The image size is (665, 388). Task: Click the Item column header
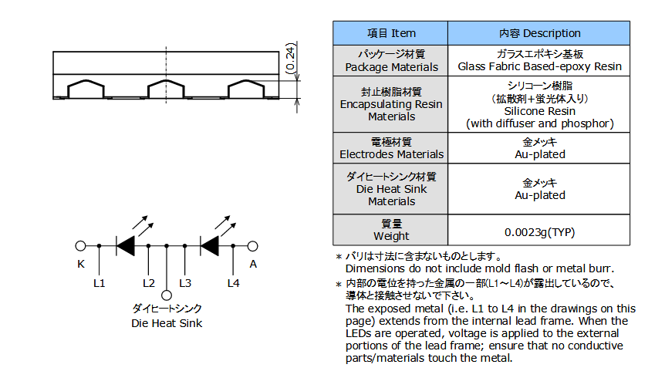390,33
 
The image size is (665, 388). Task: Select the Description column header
539,33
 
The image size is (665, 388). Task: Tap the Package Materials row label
390,61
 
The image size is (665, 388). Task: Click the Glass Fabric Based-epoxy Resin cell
539,61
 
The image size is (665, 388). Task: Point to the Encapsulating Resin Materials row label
390,104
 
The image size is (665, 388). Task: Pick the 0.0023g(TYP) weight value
539,232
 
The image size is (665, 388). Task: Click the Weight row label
390,230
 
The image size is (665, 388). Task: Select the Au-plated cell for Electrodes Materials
539,148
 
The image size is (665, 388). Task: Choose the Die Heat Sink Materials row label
390,189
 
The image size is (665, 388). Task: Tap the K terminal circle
80,246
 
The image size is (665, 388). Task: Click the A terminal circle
253,246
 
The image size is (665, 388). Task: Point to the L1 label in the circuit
100,283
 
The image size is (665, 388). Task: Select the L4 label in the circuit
233,283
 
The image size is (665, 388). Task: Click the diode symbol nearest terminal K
125,246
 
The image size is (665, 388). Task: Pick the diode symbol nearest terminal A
209,246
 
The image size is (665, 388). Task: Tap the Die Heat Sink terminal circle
167,295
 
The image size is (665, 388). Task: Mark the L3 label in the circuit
185,283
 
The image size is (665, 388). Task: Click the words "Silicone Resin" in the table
539,111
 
